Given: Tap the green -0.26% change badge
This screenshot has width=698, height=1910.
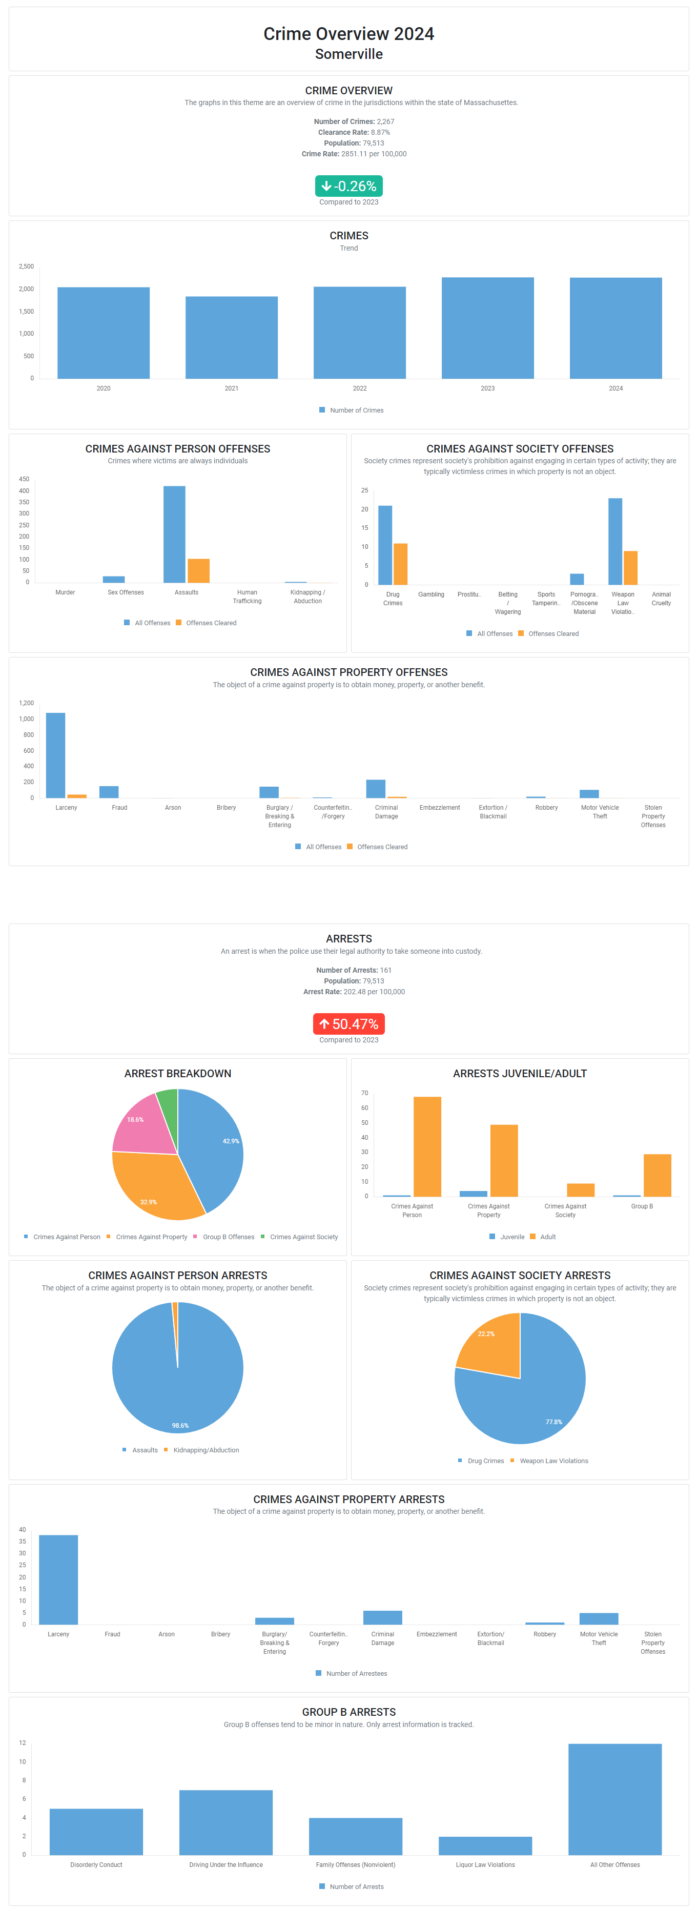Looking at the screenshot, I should (x=348, y=186).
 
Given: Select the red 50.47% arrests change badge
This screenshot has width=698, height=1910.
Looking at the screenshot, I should (x=348, y=1024).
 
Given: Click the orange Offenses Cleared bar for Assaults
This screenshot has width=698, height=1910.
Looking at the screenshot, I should (x=199, y=570).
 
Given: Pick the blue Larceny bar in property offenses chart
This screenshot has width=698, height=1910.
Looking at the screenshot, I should (x=56, y=755).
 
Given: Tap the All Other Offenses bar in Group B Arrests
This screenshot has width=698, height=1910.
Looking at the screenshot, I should (x=615, y=1799).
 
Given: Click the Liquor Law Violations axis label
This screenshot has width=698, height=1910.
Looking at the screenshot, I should (x=485, y=1865).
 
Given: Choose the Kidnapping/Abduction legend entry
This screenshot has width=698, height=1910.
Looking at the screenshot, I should (x=206, y=1450).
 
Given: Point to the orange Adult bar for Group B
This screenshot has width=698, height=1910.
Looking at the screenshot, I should (x=657, y=1175).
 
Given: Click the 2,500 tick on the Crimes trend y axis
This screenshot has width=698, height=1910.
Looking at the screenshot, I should (x=27, y=266).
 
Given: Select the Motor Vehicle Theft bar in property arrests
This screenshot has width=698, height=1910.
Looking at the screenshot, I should (x=599, y=1618).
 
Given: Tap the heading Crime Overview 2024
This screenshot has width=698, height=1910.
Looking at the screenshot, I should (x=348, y=34).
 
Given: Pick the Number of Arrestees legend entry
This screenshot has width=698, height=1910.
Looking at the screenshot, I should (x=356, y=1673).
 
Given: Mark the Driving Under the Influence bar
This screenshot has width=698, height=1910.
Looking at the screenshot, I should (x=225, y=1822).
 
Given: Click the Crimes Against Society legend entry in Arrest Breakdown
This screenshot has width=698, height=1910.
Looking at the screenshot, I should (x=303, y=1237).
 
